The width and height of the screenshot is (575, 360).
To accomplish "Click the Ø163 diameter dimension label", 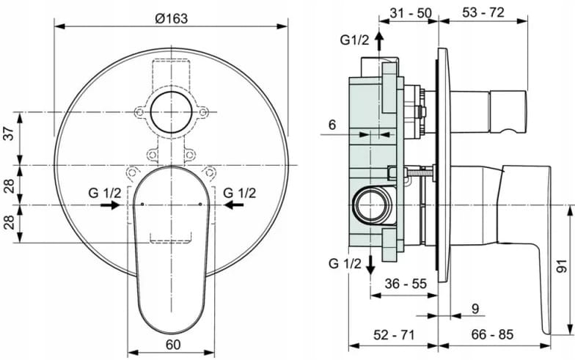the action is click(x=172, y=18).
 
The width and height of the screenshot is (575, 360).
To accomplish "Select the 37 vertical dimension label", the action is click(x=10, y=132).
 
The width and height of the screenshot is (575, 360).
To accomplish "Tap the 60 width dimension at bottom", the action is click(x=173, y=345).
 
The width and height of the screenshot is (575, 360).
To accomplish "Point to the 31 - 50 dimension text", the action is click(x=411, y=13).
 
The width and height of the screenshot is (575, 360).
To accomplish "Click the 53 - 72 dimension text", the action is click(x=483, y=12).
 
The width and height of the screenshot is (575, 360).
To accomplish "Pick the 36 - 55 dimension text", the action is click(x=406, y=283).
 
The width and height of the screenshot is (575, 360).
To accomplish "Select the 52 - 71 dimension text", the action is click(x=393, y=334).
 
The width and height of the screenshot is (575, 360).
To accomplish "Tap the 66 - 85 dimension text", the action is click(x=492, y=334).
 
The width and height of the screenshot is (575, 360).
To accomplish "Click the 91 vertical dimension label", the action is click(x=562, y=267).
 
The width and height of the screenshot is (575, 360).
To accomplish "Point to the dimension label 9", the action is click(x=475, y=309).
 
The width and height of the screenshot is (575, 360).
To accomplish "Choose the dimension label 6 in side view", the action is click(x=332, y=125).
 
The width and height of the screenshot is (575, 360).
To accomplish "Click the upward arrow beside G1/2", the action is click(x=378, y=41).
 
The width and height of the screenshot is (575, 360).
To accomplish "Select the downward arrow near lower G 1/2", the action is click(x=370, y=264).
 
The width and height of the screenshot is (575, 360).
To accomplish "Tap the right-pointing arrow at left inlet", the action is click(x=110, y=205).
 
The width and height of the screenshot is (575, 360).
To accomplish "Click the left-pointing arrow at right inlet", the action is click(x=233, y=205).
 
